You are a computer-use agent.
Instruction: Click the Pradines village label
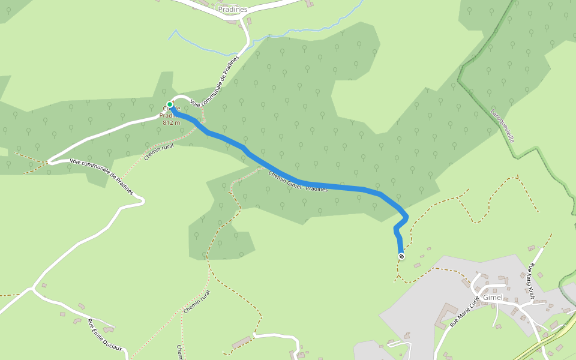pos(233,10)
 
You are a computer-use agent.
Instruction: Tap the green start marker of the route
pos(170,104)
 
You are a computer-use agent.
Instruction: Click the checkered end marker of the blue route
pos(401,256)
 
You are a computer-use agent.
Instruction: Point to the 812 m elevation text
pos(172,122)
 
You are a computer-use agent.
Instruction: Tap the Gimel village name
pos(493,298)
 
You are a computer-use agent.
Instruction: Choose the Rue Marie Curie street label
pos(464,310)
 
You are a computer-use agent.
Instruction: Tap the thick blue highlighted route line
pos(336,186)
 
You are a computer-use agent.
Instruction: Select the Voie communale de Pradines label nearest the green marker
pos(215,82)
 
